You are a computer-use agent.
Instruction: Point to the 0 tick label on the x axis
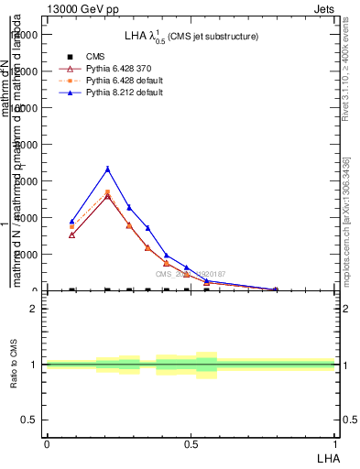point(47,443)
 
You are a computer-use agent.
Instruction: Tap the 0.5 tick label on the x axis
point(191,443)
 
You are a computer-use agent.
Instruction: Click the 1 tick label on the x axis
point(335,443)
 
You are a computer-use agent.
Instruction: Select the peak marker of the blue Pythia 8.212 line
point(108,169)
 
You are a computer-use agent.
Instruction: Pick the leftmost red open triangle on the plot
point(71,235)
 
